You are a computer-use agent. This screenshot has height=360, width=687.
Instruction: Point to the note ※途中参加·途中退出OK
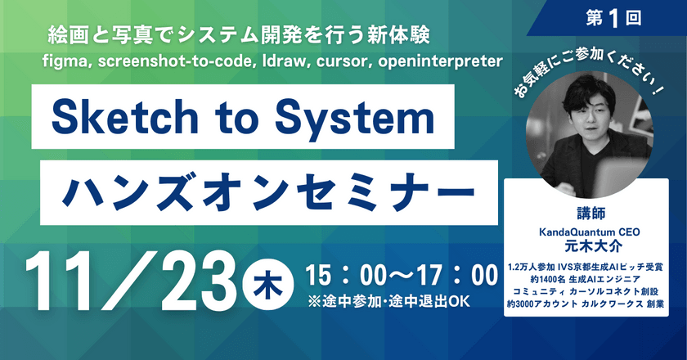click(x=388, y=300)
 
